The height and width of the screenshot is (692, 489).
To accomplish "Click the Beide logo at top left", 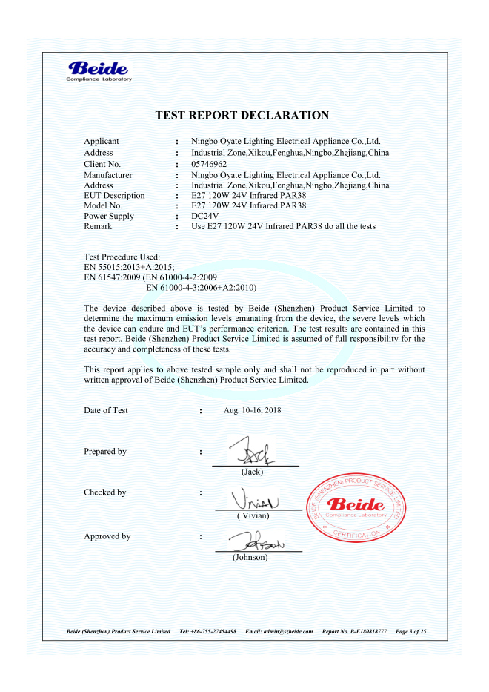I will [99, 71].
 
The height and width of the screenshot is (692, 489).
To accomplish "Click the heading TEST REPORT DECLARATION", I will [242, 115].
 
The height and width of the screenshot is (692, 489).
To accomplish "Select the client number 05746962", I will [209, 163].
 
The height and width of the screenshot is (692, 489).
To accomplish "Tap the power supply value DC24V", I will [205, 216].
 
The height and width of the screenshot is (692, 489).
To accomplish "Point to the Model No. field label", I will [103, 205].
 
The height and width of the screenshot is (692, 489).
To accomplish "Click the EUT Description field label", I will [114, 195].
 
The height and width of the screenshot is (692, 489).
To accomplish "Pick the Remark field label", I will [99, 226].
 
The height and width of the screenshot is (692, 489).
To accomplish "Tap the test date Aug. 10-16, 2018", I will [252, 410].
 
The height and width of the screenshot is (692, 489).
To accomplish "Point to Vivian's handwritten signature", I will [256, 498].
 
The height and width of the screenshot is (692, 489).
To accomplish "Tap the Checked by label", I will [104, 492].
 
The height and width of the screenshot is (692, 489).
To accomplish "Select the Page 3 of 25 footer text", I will [411, 631].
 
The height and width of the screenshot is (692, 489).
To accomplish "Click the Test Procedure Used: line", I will [117, 256].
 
